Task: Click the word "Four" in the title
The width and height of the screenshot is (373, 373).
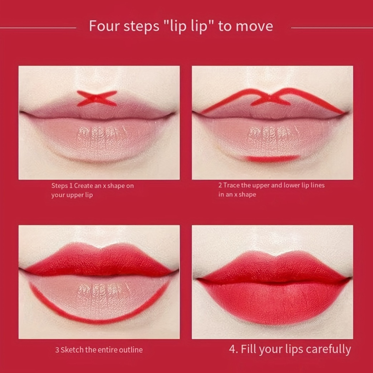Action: pos(104,27)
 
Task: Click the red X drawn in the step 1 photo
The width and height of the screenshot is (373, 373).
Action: pos(97,98)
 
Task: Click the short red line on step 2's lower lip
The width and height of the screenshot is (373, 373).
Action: pos(272,158)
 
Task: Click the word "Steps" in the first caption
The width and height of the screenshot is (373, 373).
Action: pos(59,186)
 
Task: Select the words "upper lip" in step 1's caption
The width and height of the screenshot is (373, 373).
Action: pos(79,195)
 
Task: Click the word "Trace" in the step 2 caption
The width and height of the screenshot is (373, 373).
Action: pos(232,185)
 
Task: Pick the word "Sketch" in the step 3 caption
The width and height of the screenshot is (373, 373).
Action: pos(72,350)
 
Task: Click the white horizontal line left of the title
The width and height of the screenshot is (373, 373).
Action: pos(38,27)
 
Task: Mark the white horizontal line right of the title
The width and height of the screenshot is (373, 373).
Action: pos(332,27)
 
